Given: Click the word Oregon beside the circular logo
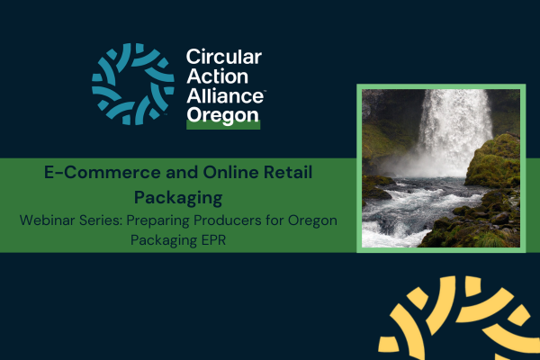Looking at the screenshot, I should [x=221, y=116].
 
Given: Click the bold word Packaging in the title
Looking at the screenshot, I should [x=177, y=194].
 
